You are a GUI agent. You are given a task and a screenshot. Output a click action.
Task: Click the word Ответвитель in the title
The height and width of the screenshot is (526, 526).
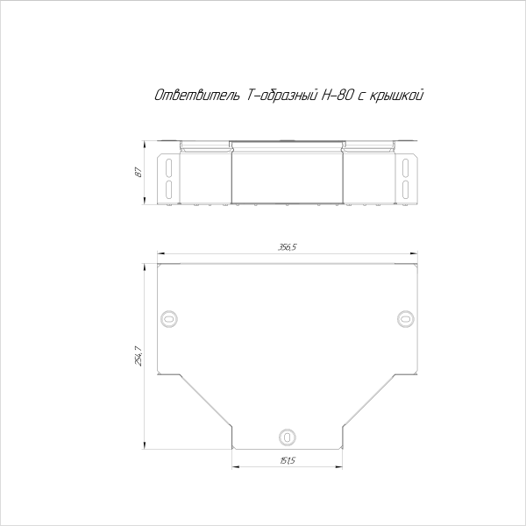point(197,96)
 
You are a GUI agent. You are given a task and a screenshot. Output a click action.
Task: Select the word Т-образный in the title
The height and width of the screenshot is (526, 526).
point(282,96)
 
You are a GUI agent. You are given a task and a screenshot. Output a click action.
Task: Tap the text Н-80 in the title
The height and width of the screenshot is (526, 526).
point(338,96)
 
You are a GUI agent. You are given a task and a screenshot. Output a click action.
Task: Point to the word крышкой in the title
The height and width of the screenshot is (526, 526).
point(396,96)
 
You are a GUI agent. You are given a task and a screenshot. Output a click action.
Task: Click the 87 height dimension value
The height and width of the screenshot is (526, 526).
point(139,172)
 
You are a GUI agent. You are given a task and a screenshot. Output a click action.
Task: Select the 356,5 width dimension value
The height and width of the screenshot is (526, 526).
point(288,247)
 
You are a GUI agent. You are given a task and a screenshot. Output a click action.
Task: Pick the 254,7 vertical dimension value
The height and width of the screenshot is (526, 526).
point(139,356)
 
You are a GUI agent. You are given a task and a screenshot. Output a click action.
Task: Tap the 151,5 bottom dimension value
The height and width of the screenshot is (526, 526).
point(288,461)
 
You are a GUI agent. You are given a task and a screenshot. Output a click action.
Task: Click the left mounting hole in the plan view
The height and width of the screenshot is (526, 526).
point(169,319)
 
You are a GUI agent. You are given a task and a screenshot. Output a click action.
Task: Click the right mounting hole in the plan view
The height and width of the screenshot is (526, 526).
point(406,319)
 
